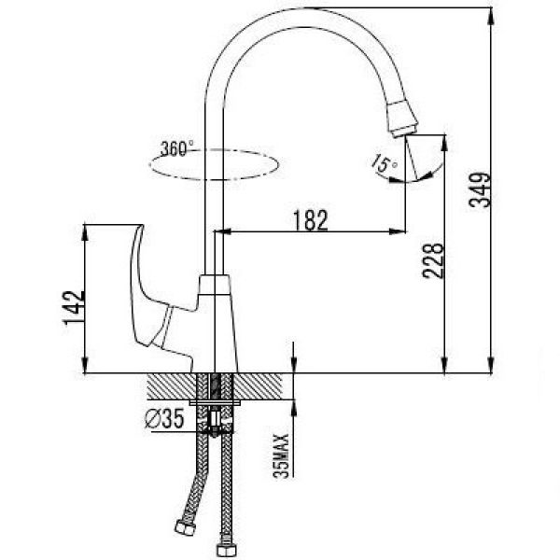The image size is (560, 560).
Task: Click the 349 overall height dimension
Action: [480, 190]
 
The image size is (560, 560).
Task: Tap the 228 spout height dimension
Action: [433, 260]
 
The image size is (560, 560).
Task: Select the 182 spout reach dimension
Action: [310, 220]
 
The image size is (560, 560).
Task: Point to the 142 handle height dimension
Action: [74, 308]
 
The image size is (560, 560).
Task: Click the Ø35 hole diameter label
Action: [164, 418]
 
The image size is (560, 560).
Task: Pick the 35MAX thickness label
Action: [281, 455]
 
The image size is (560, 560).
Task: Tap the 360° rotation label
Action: [177, 148]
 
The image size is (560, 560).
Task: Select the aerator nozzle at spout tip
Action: [402, 119]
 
